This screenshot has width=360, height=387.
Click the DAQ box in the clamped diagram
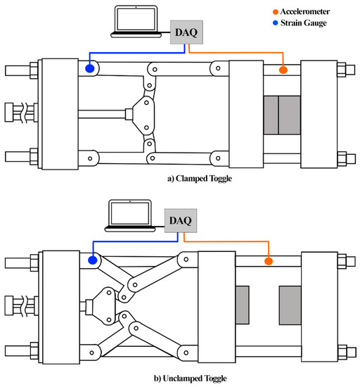tap(186, 30)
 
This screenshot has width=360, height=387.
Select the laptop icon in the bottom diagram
tap(131, 213)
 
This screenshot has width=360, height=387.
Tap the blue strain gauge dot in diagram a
tap(90, 68)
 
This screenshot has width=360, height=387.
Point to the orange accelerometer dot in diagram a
tap(283, 70)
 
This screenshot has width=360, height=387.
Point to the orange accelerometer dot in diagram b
tap(268, 262)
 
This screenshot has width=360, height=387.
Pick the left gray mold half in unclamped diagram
tap(243, 305)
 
